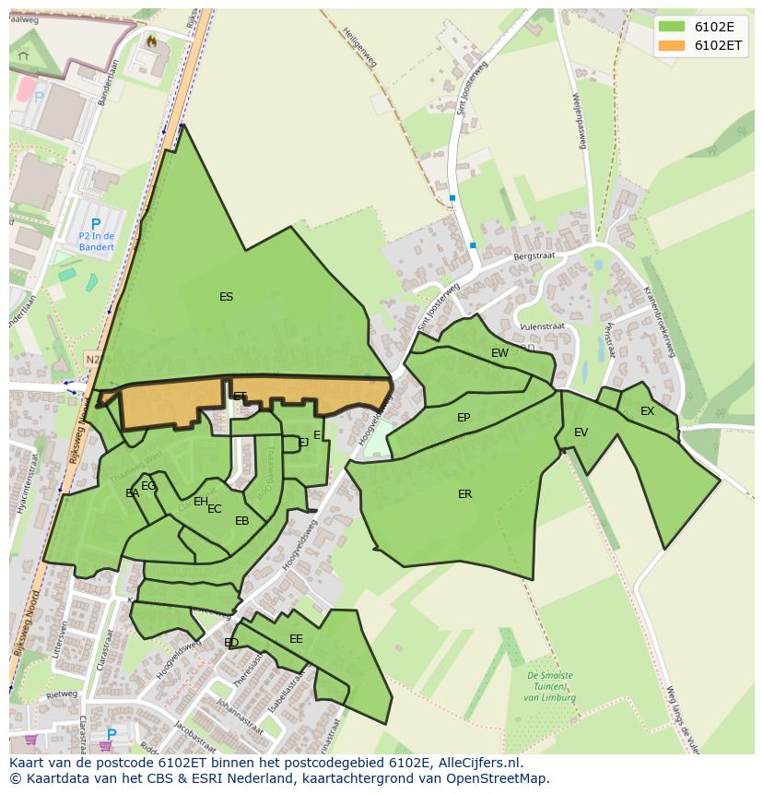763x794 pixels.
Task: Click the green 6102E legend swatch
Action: [672, 27]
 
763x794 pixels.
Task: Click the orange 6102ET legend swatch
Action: [672, 45]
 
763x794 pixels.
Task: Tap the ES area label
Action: [226, 297]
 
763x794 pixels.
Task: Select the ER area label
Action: [465, 494]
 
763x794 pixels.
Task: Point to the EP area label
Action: [464, 418]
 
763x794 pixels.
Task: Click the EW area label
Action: [499, 353]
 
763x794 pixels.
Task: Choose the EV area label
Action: [581, 433]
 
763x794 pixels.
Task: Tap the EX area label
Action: [647, 411]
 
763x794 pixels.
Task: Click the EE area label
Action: [296, 639]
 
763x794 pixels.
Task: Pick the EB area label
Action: [242, 521]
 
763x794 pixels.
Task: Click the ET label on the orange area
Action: [240, 397]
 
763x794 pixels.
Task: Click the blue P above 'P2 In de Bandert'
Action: [95, 224]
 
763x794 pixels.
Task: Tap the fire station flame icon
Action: [151, 41]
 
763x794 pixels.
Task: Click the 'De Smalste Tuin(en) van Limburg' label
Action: [550, 686]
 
